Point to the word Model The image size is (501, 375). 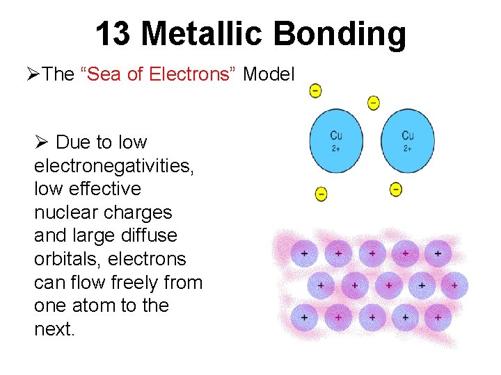pyautogui.click(x=269, y=75)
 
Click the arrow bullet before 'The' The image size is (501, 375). pyautogui.click(x=33, y=75)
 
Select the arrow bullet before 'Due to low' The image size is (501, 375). pyautogui.click(x=41, y=143)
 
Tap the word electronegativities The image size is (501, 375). pyautogui.click(x=102, y=166)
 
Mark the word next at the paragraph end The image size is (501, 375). pyautogui.click(x=54, y=329)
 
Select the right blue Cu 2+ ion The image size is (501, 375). pyautogui.click(x=408, y=141)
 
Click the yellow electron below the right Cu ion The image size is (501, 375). pyautogui.click(x=395, y=188)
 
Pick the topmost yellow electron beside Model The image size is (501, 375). pyautogui.click(x=315, y=90)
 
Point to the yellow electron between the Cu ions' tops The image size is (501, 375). pyautogui.click(x=374, y=103)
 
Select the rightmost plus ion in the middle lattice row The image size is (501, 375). pyautogui.click(x=454, y=285)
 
